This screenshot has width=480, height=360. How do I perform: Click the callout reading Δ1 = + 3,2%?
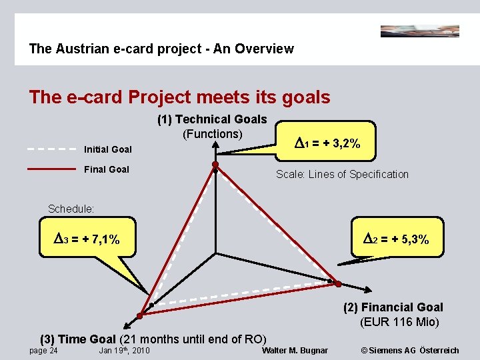pyautogui.click(x=327, y=143)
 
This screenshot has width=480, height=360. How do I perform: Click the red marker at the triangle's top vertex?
pyautogui.click(x=215, y=164)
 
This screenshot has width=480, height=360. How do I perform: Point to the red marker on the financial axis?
pyautogui.click(x=338, y=284)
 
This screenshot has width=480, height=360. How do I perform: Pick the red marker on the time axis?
pyautogui.click(x=140, y=315)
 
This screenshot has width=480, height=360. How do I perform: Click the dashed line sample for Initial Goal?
pyautogui.click(x=51, y=149)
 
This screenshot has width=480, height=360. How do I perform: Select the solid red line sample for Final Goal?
pyautogui.click(x=51, y=169)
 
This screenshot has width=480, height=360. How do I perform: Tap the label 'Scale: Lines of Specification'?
pyautogui.click(x=342, y=175)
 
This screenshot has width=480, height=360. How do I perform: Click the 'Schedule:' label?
pyautogui.click(x=71, y=209)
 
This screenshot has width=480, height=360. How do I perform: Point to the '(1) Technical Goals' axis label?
pyautogui.click(x=212, y=119)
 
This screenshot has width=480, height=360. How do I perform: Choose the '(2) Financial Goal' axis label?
pyautogui.click(x=393, y=307)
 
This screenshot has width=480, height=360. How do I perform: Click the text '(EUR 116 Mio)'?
pyautogui.click(x=399, y=323)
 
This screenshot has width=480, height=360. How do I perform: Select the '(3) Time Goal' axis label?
pyautogui.click(x=78, y=339)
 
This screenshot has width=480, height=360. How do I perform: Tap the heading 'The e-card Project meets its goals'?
pyautogui.click(x=179, y=97)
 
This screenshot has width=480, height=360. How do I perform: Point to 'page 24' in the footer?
pyautogui.click(x=43, y=351)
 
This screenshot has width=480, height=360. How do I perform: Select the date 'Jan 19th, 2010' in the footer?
pyautogui.click(x=124, y=351)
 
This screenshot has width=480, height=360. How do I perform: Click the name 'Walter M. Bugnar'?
pyautogui.click(x=295, y=351)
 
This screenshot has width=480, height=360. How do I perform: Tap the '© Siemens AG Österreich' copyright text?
pyautogui.click(x=409, y=351)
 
